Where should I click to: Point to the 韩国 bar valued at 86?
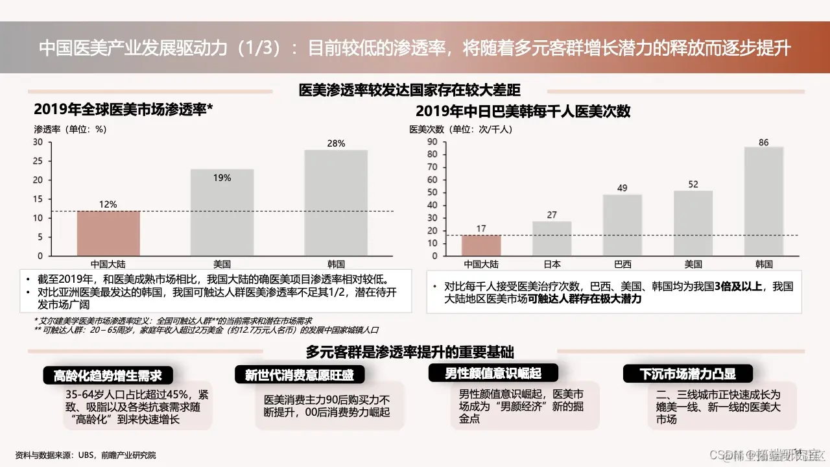click(764, 200)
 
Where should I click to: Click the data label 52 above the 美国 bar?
click(693, 184)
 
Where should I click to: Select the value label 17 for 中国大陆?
click(480, 228)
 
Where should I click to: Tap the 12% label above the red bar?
click(108, 204)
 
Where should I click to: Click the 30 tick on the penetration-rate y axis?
click(38, 142)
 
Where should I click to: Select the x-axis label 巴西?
click(622, 264)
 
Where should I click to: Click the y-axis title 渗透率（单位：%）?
click(70, 128)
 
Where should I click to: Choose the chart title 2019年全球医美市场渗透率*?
click(124, 110)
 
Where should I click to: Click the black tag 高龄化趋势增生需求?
click(107, 376)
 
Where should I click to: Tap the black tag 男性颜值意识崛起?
click(493, 373)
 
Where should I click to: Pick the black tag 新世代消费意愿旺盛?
click(300, 375)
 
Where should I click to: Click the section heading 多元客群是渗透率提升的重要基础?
click(410, 352)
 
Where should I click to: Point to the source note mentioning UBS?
click(86, 455)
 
